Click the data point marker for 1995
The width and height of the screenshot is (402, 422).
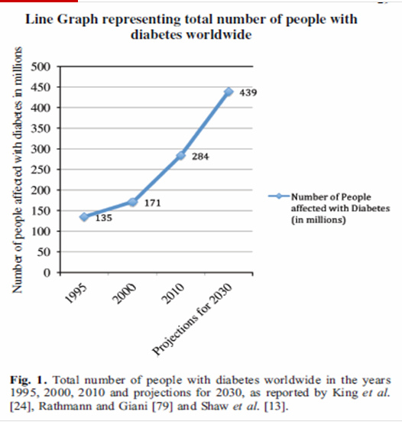(84, 216)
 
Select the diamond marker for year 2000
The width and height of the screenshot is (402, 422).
(132, 202)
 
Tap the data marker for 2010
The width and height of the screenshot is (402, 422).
(180, 155)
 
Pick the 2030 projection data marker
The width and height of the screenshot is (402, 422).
(229, 92)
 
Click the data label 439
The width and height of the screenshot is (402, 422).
(248, 93)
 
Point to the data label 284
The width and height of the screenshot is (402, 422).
(200, 157)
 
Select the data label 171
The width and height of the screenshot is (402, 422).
(153, 203)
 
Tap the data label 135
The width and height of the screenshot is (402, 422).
(104, 218)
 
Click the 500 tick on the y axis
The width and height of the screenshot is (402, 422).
(41, 67)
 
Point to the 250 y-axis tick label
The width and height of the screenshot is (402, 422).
(41, 170)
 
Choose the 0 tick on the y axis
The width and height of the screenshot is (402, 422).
(47, 273)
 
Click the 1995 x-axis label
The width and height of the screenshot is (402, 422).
(76, 294)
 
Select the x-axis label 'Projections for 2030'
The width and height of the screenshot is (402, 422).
(192, 320)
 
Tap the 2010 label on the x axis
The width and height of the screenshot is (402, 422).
(173, 294)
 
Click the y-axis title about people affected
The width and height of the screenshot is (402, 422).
(17, 170)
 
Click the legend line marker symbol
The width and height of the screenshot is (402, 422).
(279, 196)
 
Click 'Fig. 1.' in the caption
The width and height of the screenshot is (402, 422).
(28, 380)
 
